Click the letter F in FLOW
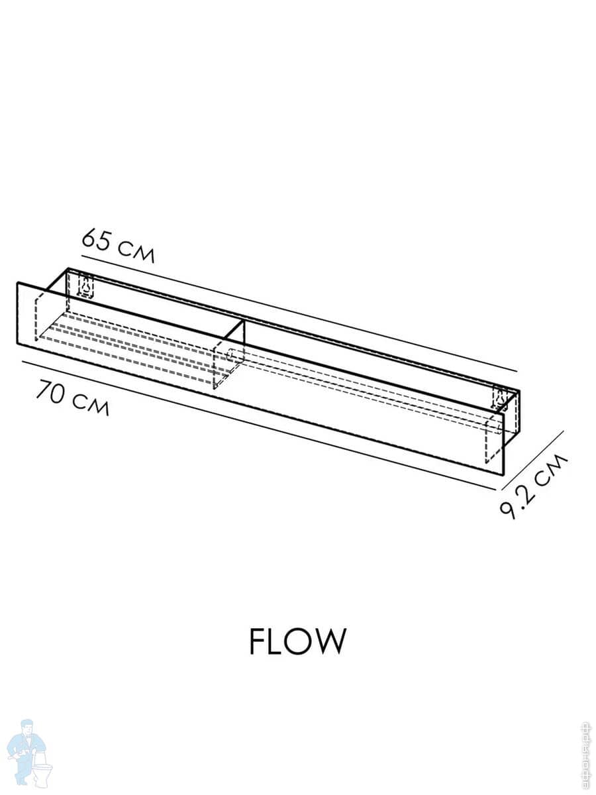258,641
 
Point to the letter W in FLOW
329,641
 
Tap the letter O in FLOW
297,641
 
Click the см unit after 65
136,252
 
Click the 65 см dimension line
298,312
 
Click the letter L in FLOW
275,641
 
